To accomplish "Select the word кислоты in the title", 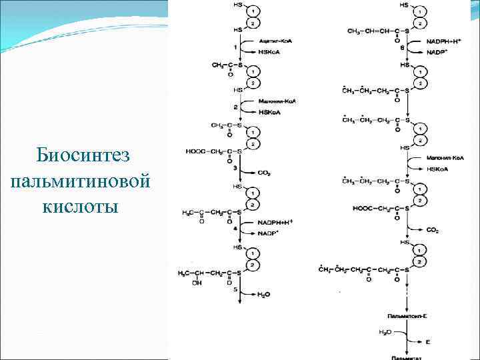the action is [x=80, y=206].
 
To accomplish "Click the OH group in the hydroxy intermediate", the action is [x=195, y=283].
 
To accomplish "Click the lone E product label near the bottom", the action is [x=428, y=341].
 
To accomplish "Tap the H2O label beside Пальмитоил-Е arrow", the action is [x=385, y=331].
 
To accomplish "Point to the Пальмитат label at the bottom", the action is [x=406, y=357].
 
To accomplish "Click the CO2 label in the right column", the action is [x=432, y=229].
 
